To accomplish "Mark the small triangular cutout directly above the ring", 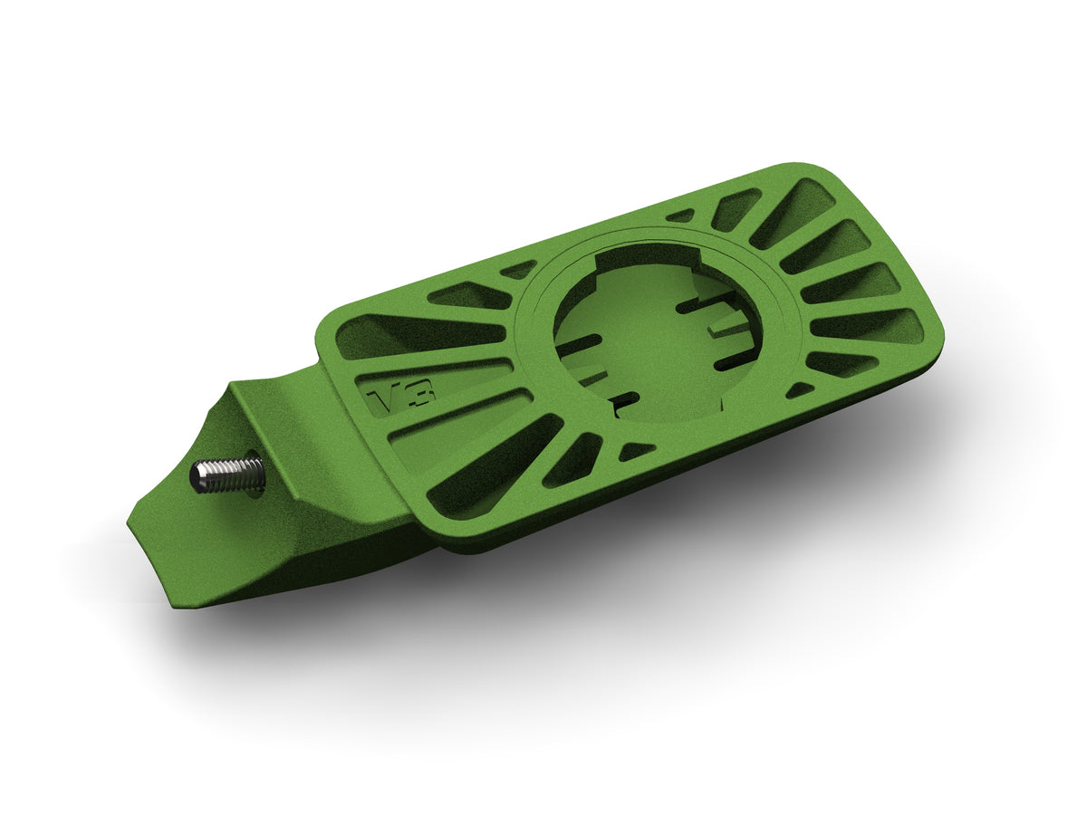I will pyautogui.click(x=680, y=216).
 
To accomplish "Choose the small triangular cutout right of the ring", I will pyautogui.click(x=799, y=389).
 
